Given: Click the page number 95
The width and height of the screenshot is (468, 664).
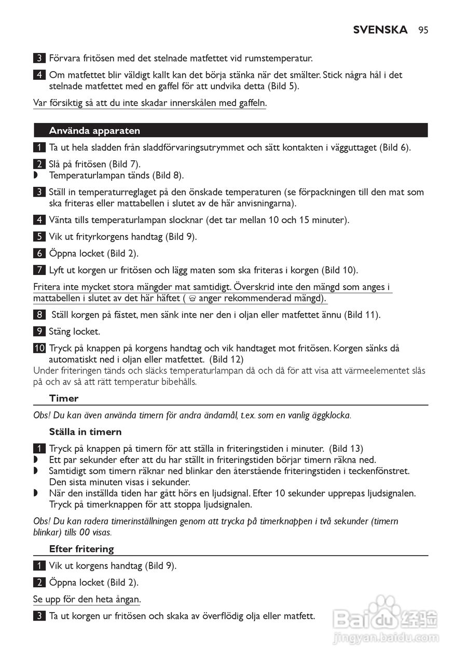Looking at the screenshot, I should pyautogui.click(x=423, y=30).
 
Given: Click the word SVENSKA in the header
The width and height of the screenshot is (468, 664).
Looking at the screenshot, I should pyautogui.click(x=380, y=30).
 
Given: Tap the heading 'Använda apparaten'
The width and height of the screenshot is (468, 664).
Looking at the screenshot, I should pyautogui.click(x=94, y=131).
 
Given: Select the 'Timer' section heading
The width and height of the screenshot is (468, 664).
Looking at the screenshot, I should pyautogui.click(x=64, y=398).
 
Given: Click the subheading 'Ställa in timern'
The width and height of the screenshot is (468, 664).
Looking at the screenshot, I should pyautogui.click(x=86, y=432).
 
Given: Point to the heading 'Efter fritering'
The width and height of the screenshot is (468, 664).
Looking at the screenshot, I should pyautogui.click(x=81, y=549).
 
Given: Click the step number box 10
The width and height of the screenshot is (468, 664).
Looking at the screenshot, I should pyautogui.click(x=39, y=348).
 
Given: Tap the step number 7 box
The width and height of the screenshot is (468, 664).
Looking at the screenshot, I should pyautogui.click(x=39, y=270).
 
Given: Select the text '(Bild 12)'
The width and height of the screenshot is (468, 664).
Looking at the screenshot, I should pyautogui.click(x=227, y=359).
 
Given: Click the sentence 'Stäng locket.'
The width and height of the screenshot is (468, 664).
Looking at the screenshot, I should pyautogui.click(x=74, y=331).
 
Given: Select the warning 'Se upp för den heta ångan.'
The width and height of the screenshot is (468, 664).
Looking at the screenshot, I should pyautogui.click(x=87, y=599).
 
